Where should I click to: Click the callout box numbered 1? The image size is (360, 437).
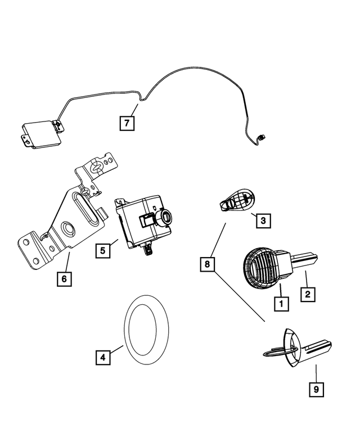click(281, 304)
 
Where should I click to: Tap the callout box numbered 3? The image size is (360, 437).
click(262, 221)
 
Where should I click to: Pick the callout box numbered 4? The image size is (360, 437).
click(102, 357)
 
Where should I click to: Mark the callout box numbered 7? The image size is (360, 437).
click(127, 123)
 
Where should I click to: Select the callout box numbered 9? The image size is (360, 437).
click(316, 388)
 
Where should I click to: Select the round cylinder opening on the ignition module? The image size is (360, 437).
click(166, 215)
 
